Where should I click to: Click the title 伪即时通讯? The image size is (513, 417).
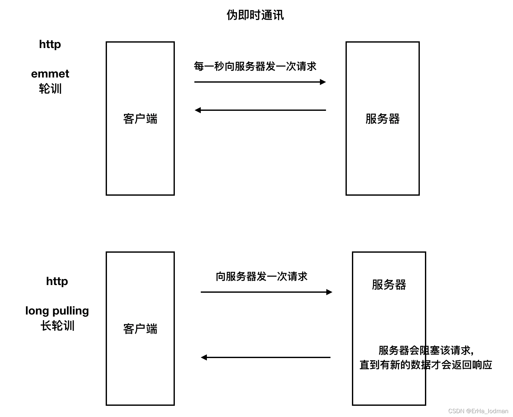coord(255,15)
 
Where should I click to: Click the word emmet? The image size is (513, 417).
coord(50,74)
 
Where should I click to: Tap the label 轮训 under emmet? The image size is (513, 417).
coord(50,89)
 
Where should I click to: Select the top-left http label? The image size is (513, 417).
coord(50,44)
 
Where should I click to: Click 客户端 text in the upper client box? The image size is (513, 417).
coord(140,119)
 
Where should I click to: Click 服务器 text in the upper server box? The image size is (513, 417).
coord(382,119)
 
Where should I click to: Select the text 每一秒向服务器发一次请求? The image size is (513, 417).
coord(255,66)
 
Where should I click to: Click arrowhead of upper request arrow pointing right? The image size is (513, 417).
coord(323,82)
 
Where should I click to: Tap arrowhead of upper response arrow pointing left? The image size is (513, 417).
coord(198,110)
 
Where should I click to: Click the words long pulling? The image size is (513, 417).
coord(57,311)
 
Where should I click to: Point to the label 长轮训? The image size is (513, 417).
coord(57,326)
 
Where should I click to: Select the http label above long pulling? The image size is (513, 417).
coord(57,281)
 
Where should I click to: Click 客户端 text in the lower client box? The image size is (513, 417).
coord(140,329)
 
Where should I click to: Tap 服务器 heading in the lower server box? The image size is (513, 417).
coord(389,285)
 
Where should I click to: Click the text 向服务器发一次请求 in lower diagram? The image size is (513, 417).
coord(261,276)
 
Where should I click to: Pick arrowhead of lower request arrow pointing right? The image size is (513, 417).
coord(329,292)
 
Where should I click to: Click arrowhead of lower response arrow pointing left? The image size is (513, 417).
coord(204,357)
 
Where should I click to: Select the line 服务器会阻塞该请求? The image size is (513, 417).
coord(426,350)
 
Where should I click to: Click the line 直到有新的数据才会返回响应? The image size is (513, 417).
coord(426,365)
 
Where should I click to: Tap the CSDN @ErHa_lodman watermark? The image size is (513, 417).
coord(478,411)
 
